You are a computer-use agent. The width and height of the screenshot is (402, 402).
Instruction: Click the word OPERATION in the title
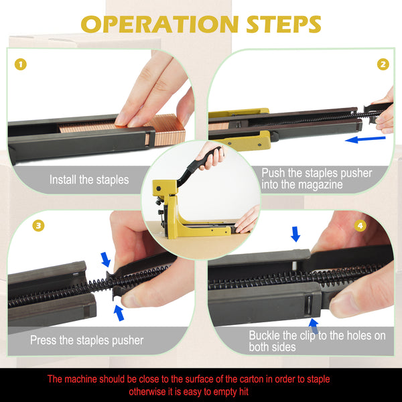[x=160, y=24]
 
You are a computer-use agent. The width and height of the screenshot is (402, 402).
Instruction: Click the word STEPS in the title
[x=283, y=24]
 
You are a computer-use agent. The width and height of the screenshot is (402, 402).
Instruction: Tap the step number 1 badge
[x=21, y=64]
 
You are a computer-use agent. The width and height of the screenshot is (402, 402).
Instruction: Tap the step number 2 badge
[x=383, y=64]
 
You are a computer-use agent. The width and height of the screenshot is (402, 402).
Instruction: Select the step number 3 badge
[x=38, y=226]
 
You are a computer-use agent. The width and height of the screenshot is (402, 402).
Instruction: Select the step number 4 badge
[x=360, y=226]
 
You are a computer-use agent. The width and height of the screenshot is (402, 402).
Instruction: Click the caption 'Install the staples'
[x=89, y=180]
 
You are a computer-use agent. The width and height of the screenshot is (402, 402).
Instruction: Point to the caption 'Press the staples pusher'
[x=86, y=340]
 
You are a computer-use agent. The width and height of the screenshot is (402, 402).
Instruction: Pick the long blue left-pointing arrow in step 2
[x=365, y=139]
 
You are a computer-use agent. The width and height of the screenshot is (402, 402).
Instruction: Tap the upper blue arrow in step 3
[x=106, y=259]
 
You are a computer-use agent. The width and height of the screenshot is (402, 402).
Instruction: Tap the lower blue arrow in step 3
[x=119, y=313]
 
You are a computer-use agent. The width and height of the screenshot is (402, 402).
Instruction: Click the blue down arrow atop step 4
[x=295, y=234]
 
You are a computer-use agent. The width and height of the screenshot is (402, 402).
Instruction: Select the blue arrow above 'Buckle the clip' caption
[x=314, y=325]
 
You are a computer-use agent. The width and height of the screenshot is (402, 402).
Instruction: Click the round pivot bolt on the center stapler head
[x=159, y=189]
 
